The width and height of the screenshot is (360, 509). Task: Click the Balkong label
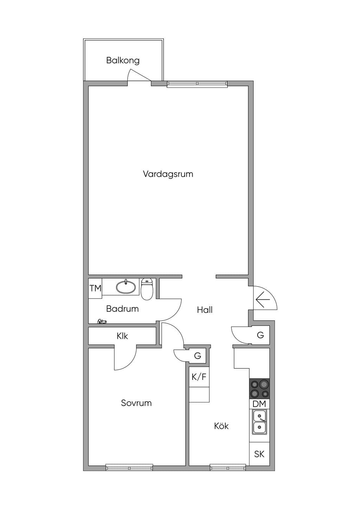pyautogui.click(x=123, y=61)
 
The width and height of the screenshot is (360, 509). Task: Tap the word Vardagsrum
pyautogui.click(x=168, y=174)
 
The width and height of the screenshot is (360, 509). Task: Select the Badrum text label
pyautogui.click(x=122, y=309)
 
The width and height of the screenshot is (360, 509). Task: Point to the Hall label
pyautogui.click(x=205, y=310)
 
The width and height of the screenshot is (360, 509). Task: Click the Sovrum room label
pyautogui.click(x=136, y=403)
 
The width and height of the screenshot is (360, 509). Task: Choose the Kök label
pyautogui.click(x=221, y=426)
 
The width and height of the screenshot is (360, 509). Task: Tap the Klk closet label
pyautogui.click(x=122, y=336)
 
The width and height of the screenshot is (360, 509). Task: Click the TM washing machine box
pyautogui.click(x=95, y=289)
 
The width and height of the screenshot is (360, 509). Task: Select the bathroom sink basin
pyautogui.click(x=126, y=287)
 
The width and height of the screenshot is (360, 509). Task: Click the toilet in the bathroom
pyautogui.click(x=147, y=289)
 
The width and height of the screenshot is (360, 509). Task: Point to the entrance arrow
pyautogui.click(x=263, y=299)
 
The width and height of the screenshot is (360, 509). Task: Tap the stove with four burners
pyautogui.click(x=259, y=388)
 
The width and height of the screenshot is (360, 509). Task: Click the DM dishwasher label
pyautogui.click(x=259, y=404)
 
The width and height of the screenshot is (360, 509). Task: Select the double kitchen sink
pyautogui.click(x=259, y=422)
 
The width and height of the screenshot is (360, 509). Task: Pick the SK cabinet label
pyautogui.click(x=259, y=454)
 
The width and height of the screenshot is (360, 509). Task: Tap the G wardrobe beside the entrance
pyautogui.click(x=261, y=335)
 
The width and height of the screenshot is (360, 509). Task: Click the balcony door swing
pyautogui.click(x=139, y=76)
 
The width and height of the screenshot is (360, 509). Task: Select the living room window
pyautogui.click(x=197, y=84)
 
